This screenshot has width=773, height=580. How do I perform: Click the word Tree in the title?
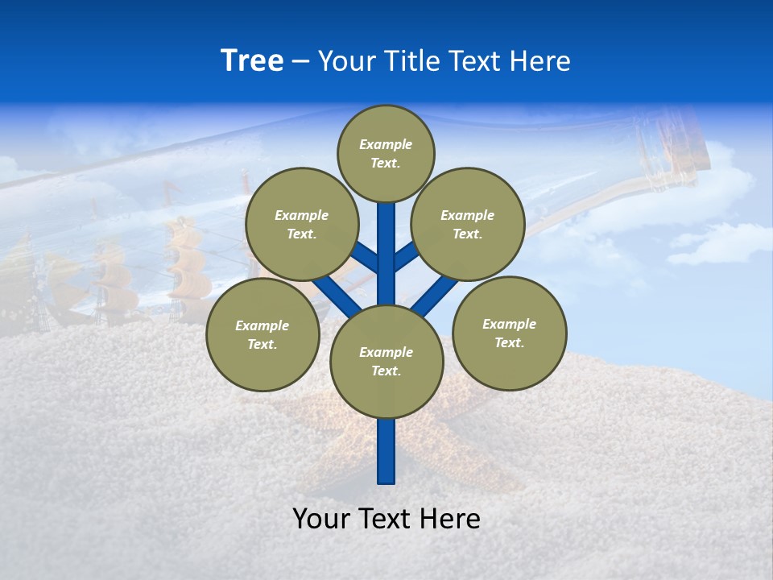click(x=252, y=61)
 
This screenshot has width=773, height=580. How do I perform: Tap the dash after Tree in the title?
click(x=300, y=62)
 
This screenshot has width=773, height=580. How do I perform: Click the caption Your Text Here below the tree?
click(x=386, y=519)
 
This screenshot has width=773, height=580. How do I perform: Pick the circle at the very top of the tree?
click(x=386, y=153)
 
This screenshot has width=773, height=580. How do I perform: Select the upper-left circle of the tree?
click(x=302, y=224)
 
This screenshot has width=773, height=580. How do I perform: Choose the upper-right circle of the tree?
click(x=468, y=224)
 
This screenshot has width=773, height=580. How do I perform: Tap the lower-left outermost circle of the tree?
click(x=262, y=334)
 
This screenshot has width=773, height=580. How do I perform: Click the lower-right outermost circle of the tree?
click(x=510, y=333)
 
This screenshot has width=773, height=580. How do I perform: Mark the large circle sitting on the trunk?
click(x=386, y=361)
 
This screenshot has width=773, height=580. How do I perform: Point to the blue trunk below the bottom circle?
click(x=386, y=451)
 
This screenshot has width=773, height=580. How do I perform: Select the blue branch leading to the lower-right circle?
click(x=435, y=295)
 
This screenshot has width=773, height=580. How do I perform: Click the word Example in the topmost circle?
click(x=386, y=145)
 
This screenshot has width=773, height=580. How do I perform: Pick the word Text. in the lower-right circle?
click(x=509, y=342)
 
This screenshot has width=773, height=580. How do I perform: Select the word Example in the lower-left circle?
click(x=262, y=325)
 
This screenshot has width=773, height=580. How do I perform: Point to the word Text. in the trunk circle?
click(x=386, y=371)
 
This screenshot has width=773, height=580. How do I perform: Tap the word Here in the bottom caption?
click(x=452, y=519)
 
